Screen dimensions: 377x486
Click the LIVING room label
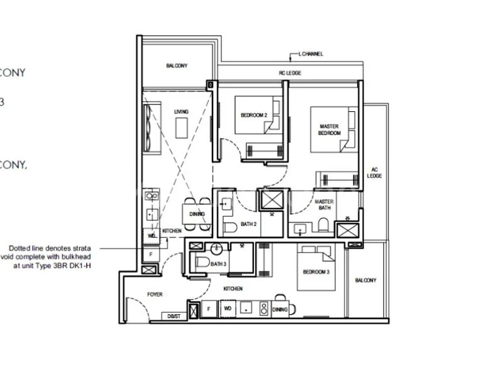(181, 112)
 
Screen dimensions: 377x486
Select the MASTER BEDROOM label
(329, 130)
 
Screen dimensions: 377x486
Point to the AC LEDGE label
(375, 172)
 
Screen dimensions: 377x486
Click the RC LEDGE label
(290, 74)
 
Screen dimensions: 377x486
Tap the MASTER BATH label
(324, 205)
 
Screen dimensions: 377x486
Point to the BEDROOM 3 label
(315, 272)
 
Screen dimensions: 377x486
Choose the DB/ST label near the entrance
(173, 316)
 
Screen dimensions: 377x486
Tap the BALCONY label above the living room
(177, 65)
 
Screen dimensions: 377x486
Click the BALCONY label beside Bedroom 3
(365, 280)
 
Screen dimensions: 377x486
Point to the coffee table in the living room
(182, 128)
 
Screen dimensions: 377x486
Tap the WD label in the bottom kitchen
(227, 309)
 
